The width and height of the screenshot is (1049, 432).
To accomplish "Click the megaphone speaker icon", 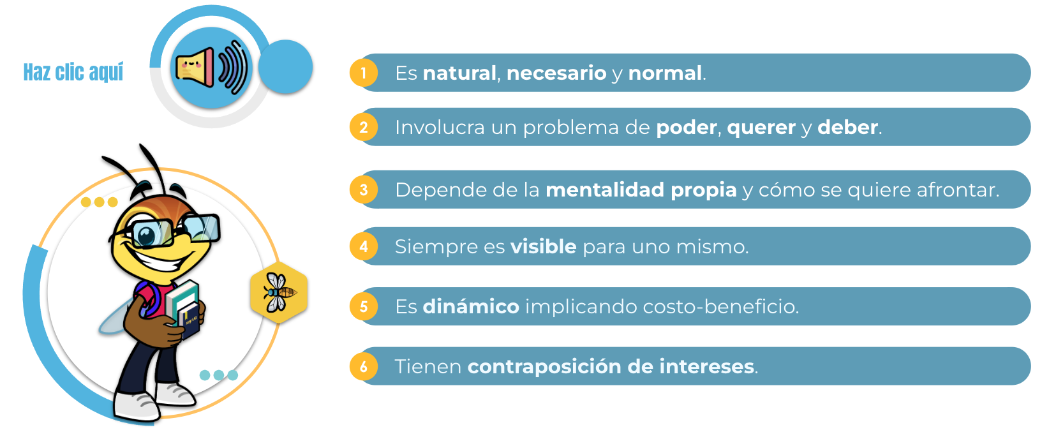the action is [211, 68].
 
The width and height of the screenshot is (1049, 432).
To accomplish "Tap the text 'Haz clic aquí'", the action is [73, 72].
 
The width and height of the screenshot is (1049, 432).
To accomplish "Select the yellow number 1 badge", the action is [364, 73].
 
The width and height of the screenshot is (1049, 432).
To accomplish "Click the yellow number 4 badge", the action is [364, 246].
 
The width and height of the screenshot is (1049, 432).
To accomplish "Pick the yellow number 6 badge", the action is [364, 366].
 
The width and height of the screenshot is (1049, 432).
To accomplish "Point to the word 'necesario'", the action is [556, 73].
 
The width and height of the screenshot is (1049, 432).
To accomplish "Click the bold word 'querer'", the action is [761, 128].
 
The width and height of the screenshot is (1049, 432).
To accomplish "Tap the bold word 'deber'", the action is [847, 127].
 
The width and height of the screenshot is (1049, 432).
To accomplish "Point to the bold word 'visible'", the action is [543, 246].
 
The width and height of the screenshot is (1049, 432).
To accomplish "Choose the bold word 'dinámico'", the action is [471, 306].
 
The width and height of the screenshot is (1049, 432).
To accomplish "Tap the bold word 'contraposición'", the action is [544, 367].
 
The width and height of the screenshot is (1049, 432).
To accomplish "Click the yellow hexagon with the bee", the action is [279, 293].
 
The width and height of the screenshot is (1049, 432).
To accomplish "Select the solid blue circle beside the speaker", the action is [286, 66].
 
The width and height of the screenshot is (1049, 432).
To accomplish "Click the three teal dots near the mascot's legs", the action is [219, 375].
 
